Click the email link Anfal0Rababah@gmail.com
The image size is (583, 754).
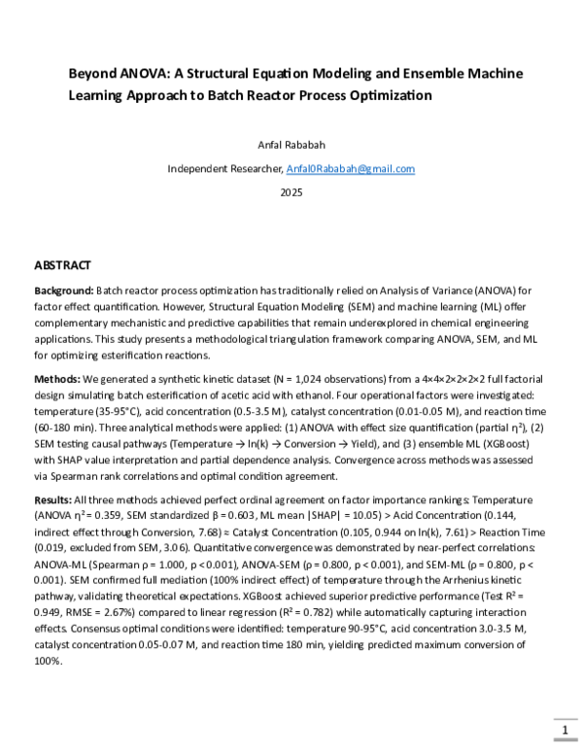(x=351, y=168)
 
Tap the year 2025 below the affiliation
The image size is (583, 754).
(x=291, y=192)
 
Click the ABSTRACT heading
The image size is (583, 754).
(x=63, y=265)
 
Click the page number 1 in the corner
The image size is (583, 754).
(x=562, y=729)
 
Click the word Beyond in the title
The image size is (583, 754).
(x=90, y=74)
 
